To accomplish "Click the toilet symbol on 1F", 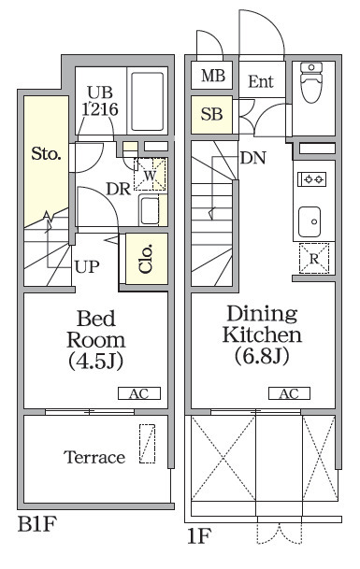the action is click(311, 82).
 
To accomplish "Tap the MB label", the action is click(213, 76).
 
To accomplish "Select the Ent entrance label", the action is click(261, 81).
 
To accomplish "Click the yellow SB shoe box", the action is click(211, 114).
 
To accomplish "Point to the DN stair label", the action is click(253, 158).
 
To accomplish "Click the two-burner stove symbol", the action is click(312, 178).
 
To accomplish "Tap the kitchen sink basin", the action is click(310, 221).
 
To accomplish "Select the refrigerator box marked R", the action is click(314, 259).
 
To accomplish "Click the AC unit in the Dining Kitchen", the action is click(289, 393).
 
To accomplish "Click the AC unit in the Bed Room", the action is click(139, 393).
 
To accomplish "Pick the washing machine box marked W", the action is click(150, 174).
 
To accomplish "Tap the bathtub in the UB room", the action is click(147, 101).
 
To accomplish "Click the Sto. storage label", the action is click(46, 154).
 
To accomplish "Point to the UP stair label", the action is click(87, 267).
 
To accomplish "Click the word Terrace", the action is click(94, 457).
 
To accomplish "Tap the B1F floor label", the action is click(37, 524).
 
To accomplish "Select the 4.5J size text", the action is click(96, 361).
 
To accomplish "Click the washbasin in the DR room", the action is click(150, 210).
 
